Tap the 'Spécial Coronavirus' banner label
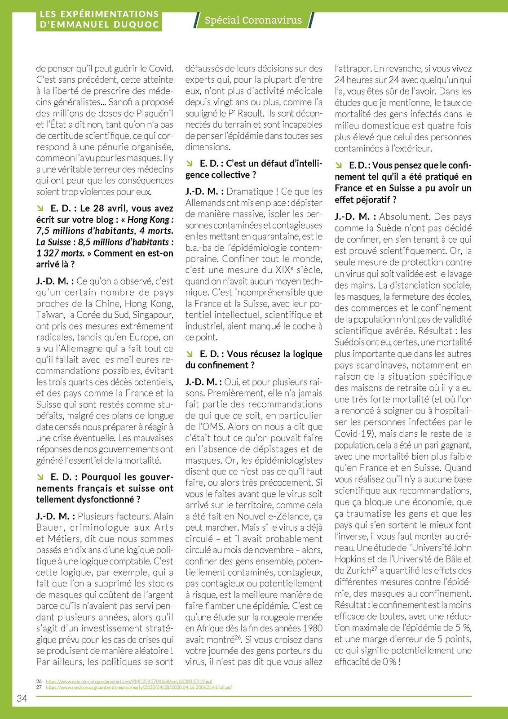point(253,20)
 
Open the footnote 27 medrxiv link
point(139,687)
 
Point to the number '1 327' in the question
point(47,253)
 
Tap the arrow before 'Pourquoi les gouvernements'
point(40,477)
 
